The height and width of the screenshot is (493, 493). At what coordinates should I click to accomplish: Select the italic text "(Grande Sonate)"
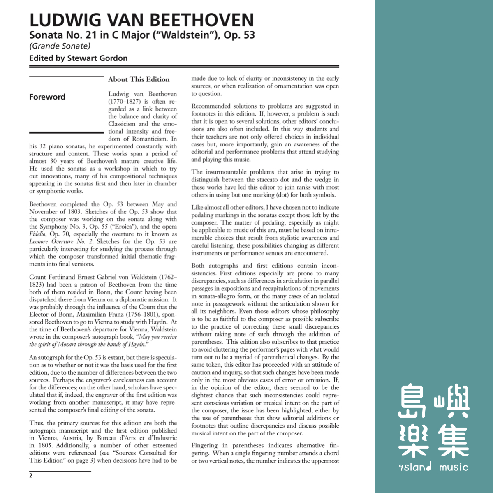[x=60, y=46]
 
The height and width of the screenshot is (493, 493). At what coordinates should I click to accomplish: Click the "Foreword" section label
[x=47, y=97]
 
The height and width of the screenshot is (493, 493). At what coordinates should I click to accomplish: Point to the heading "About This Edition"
[x=139, y=79]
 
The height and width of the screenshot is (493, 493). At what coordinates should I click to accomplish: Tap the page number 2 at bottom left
[x=31, y=476]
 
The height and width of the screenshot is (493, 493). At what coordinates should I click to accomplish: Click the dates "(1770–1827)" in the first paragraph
[x=125, y=102]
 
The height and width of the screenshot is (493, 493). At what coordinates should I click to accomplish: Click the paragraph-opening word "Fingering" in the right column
[x=204, y=445]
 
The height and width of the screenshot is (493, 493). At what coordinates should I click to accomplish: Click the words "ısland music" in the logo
[x=433, y=467]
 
